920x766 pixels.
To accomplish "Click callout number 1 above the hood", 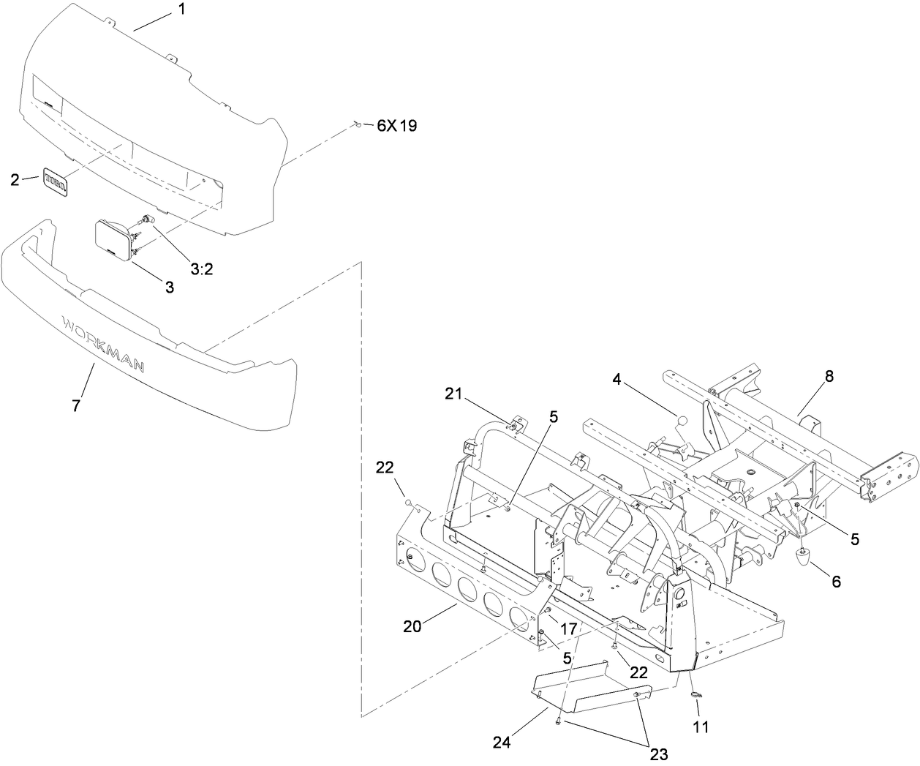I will click(x=181, y=10).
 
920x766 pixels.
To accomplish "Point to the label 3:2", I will click(x=201, y=269).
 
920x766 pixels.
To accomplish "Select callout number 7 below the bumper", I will click(x=77, y=405).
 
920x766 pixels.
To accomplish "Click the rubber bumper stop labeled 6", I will click(x=804, y=561).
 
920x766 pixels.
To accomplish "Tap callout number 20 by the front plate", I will click(x=411, y=626).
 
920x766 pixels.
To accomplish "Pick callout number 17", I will click(x=568, y=628).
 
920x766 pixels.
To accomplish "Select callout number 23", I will click(x=659, y=754).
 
